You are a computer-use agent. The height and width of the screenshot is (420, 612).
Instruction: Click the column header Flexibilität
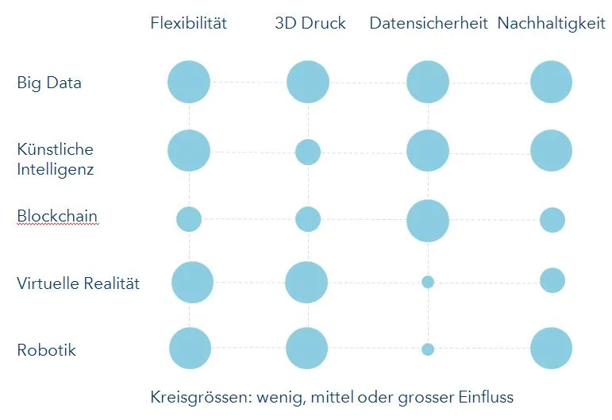(x=189, y=23)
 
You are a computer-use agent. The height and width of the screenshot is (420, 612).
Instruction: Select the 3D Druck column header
(x=310, y=23)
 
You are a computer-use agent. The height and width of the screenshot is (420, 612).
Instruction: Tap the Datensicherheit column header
(x=428, y=23)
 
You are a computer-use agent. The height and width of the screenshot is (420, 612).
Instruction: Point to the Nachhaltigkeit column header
(x=551, y=23)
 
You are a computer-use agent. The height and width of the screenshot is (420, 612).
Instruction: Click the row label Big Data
(x=49, y=83)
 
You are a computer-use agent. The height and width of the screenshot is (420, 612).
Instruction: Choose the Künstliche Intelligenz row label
(x=56, y=159)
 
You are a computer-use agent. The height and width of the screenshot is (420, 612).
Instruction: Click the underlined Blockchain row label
(x=57, y=216)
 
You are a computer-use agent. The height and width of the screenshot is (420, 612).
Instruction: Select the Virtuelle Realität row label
(x=78, y=283)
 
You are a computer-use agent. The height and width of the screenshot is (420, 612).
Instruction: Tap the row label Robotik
(x=47, y=349)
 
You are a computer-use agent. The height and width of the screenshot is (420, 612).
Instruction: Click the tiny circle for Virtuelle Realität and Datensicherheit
(x=428, y=282)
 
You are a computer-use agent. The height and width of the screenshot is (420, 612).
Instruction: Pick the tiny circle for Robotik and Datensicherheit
(x=428, y=349)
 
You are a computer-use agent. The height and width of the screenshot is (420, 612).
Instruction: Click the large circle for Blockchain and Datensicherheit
(x=428, y=220)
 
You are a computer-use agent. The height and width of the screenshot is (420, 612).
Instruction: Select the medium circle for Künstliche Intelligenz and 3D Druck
(x=308, y=152)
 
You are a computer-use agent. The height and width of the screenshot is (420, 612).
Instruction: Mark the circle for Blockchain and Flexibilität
(x=189, y=218)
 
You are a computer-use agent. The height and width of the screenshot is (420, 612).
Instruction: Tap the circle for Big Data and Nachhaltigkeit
(x=551, y=82)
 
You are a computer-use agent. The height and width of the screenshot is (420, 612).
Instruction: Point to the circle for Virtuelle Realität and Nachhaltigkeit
(x=552, y=280)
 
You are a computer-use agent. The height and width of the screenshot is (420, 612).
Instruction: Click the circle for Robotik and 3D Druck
(x=306, y=349)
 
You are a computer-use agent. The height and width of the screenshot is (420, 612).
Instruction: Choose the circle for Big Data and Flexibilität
(x=189, y=82)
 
